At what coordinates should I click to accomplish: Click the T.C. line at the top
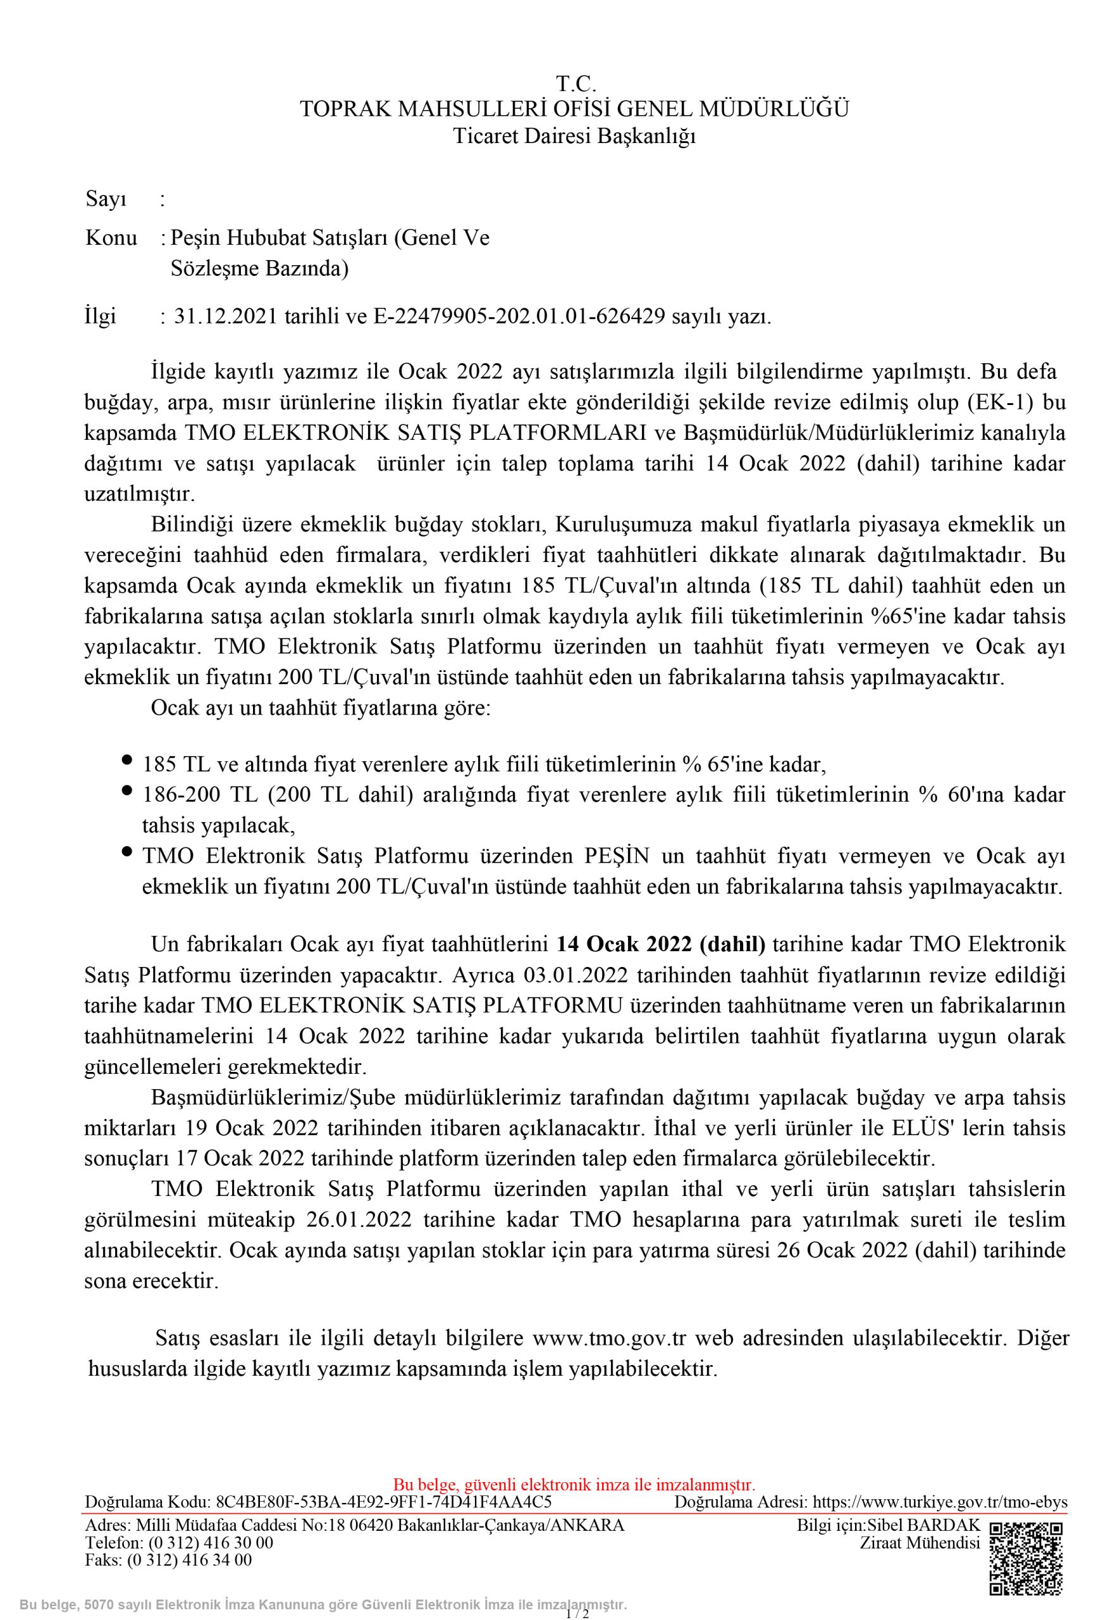[576, 84]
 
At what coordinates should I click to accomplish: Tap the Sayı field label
[106, 200]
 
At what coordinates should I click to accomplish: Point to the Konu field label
[111, 239]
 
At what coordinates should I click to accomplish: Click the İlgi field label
[101, 316]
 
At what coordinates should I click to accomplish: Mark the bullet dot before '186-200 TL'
[127, 790]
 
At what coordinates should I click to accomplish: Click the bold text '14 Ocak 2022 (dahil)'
[661, 944]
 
